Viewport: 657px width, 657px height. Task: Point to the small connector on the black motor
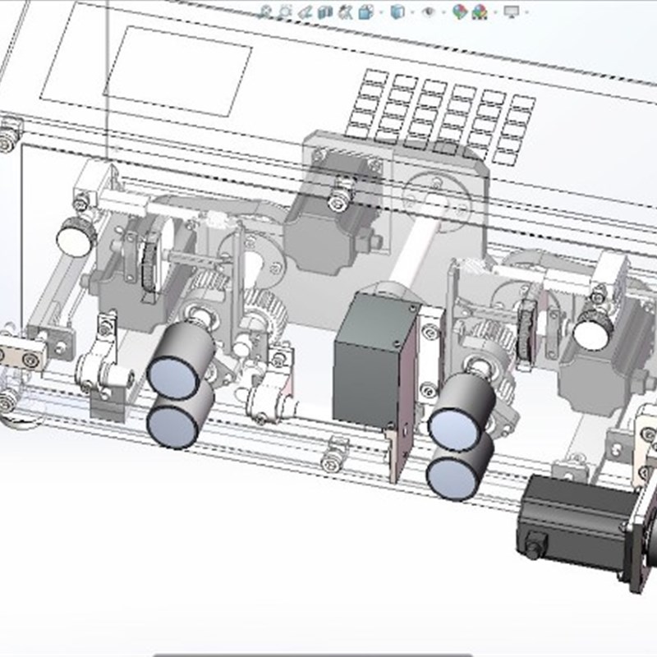click(535, 544)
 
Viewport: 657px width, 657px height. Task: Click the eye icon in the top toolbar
click(427, 11)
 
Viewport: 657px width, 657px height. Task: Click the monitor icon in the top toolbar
click(512, 11)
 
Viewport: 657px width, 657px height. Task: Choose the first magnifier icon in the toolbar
click(266, 11)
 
